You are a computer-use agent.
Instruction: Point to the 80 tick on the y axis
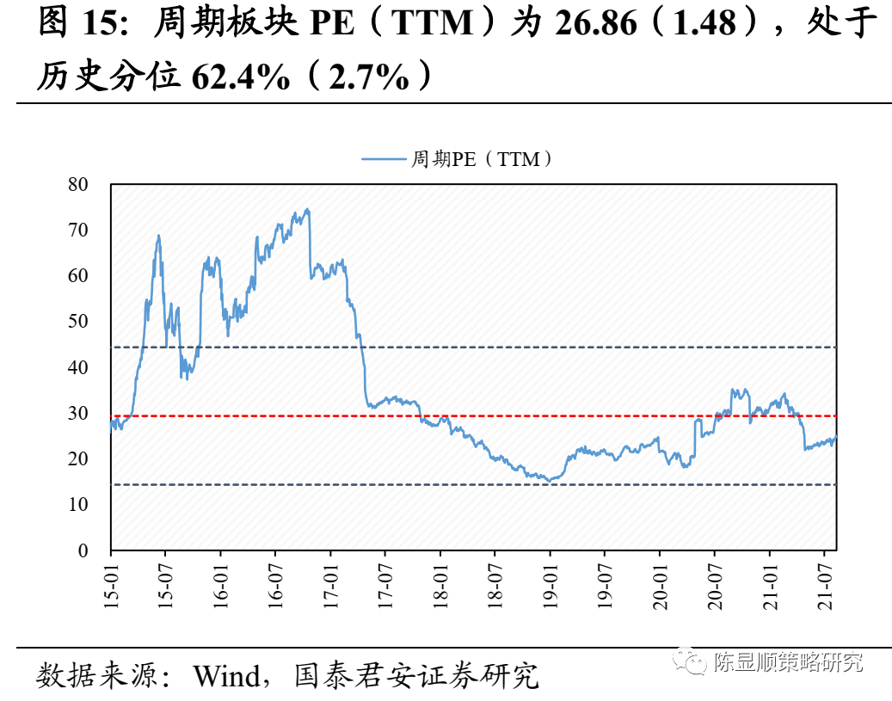tap(77, 184)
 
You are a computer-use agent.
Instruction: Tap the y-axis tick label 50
tap(77, 322)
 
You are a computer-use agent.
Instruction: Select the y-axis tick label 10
tap(77, 505)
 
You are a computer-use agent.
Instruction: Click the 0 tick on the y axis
tap(83, 550)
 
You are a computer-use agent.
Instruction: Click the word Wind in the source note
tap(226, 675)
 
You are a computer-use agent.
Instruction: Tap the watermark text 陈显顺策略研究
tap(788, 662)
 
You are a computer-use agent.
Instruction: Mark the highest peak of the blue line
tap(307, 209)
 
